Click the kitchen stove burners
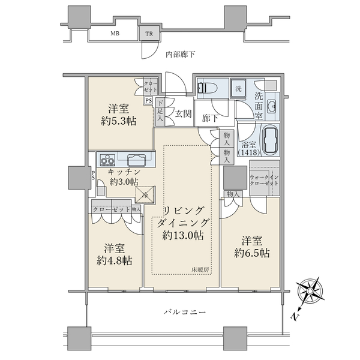click(x=108, y=160)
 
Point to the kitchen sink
click(x=135, y=160)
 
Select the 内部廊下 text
click(x=181, y=55)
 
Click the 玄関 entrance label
click(x=182, y=112)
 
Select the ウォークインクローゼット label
click(x=265, y=179)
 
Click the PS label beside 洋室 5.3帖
click(x=148, y=100)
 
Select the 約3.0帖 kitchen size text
click(x=123, y=182)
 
